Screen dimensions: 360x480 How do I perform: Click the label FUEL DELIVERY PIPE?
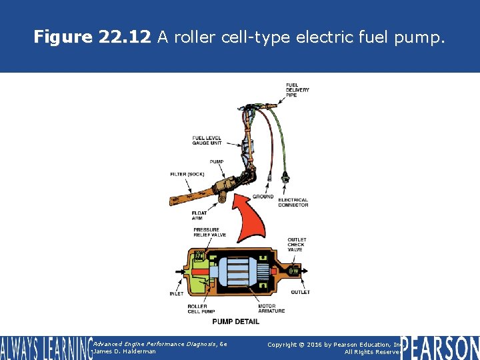coord(297,90)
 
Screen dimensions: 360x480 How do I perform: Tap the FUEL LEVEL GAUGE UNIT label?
coord(207,140)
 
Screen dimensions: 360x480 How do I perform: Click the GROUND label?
coord(263,197)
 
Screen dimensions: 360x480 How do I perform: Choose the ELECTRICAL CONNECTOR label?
coord(293,202)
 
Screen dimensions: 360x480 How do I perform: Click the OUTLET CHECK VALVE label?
coord(297,245)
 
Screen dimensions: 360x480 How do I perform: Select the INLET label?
coord(177,293)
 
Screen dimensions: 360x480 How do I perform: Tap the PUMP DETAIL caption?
coord(235,322)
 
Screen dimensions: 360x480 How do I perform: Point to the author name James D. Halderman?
coord(125,351)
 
